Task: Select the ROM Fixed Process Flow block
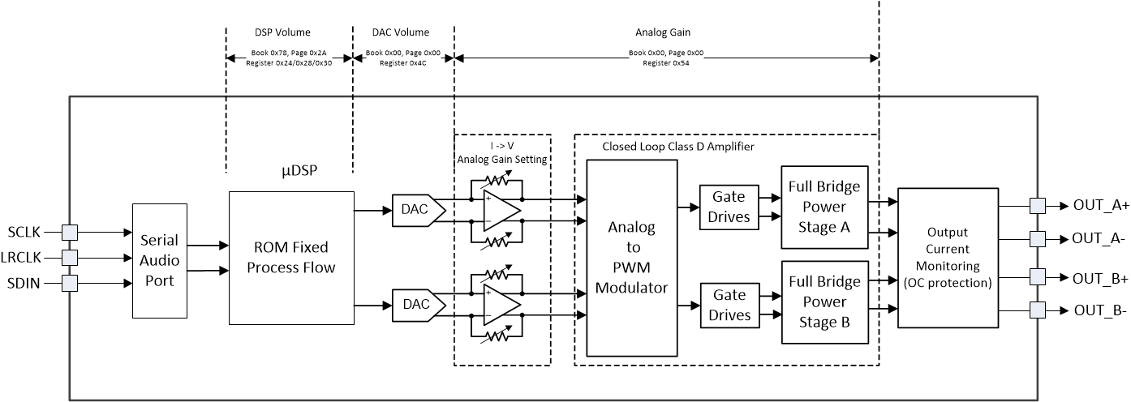click(x=291, y=258)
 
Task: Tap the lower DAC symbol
click(x=417, y=304)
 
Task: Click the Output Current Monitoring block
click(x=947, y=258)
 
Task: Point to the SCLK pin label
click(x=27, y=233)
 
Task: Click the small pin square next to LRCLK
click(x=69, y=258)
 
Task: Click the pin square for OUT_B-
click(x=1036, y=310)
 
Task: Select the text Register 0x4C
click(x=402, y=62)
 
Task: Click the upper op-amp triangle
click(x=500, y=208)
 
